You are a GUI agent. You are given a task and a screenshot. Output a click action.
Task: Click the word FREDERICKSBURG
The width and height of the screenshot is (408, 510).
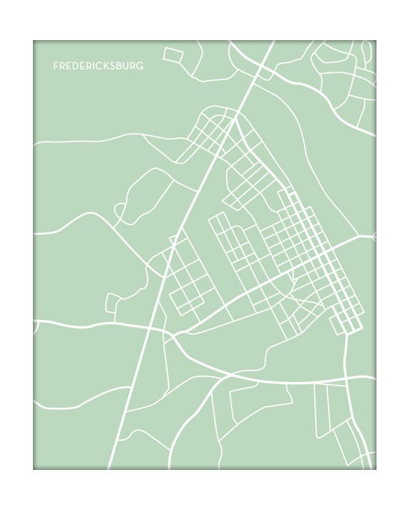pos(98,66)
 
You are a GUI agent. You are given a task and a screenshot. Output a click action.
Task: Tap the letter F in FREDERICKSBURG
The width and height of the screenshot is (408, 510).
pos(56,66)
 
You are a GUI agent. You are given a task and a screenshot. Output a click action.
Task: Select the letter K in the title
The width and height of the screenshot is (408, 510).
pos(105,66)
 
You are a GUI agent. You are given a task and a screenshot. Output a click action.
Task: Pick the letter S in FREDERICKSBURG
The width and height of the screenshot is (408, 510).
pos(112,66)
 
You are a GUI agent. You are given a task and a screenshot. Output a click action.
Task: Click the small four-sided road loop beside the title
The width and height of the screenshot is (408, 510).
pos(173,55)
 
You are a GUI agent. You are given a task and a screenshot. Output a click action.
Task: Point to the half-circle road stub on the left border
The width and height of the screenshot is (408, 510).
pos(36,326)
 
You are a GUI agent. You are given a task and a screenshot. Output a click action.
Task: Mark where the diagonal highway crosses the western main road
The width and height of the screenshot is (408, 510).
pos(151,329)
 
